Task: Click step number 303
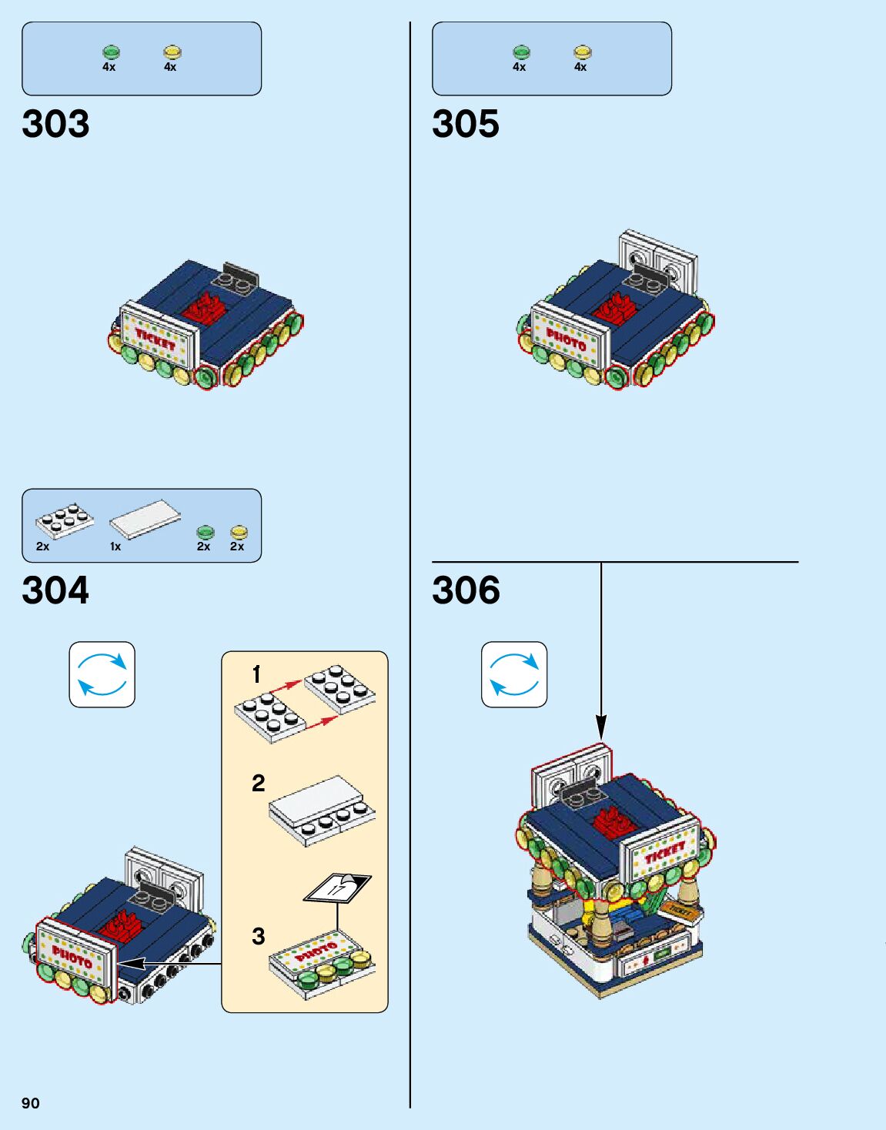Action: (55, 124)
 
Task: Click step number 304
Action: (55, 590)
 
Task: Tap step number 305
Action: (466, 124)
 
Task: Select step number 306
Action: (466, 590)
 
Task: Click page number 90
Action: (31, 1103)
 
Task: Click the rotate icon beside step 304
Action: (102, 674)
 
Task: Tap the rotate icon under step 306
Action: (514, 674)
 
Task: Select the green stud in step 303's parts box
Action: (111, 52)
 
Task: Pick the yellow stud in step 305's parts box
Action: (582, 52)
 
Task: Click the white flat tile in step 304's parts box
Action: (145, 518)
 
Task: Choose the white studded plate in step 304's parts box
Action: (65, 520)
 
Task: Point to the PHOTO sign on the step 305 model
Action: (567, 339)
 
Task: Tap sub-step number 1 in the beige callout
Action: (257, 675)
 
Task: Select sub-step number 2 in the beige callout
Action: (259, 784)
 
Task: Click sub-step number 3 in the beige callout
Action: (259, 936)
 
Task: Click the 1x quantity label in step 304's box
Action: (115, 547)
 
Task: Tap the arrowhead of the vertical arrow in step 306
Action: (601, 728)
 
